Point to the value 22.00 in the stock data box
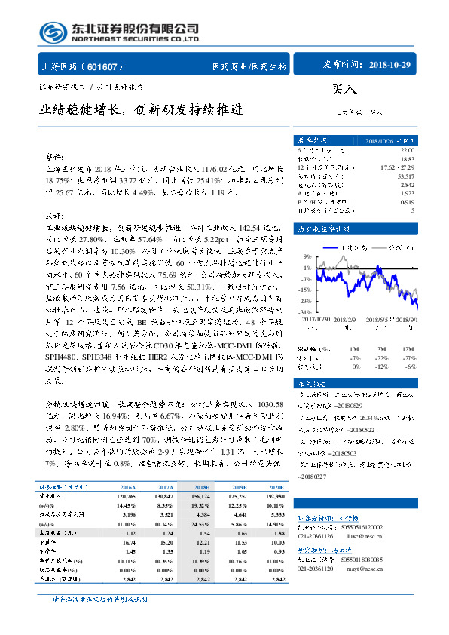pos(407,151)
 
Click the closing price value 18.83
pos(407,158)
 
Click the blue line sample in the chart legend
pos(330,247)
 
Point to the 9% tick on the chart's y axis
pos(307,256)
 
